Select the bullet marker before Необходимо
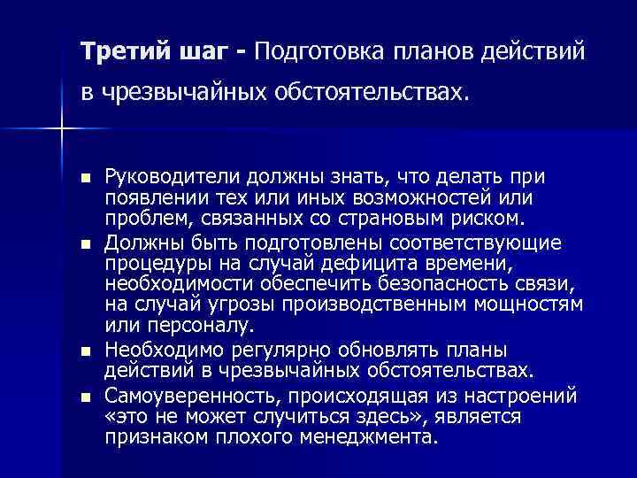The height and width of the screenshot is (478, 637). (84, 350)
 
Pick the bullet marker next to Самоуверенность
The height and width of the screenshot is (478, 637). (84, 393)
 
